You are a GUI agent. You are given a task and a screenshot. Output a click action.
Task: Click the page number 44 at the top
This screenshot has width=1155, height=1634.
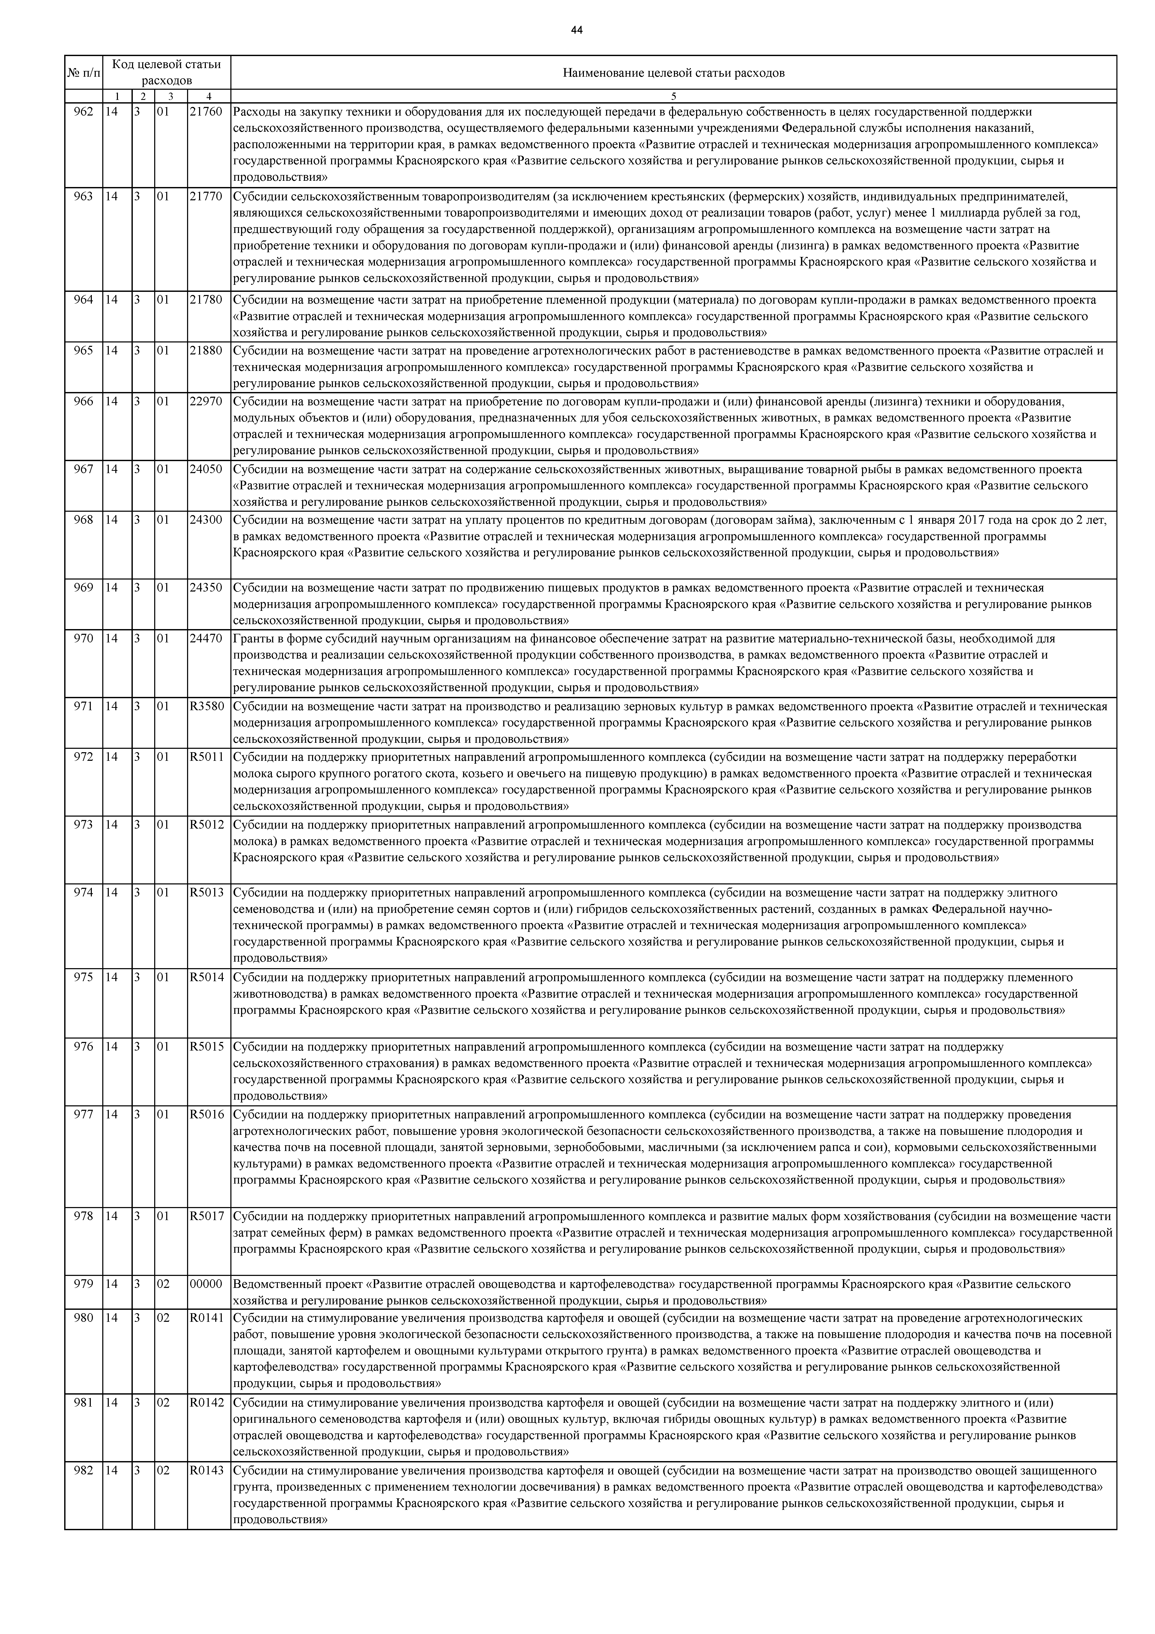point(577,30)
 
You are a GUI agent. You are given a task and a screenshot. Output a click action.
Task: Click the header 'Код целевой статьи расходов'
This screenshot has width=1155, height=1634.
point(167,72)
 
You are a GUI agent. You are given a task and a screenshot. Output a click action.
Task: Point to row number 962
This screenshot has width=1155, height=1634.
point(83,112)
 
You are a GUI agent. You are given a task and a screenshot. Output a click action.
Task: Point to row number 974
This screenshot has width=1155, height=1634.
point(83,893)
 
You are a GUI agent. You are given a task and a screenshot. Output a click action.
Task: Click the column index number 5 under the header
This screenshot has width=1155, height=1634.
point(673,96)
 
